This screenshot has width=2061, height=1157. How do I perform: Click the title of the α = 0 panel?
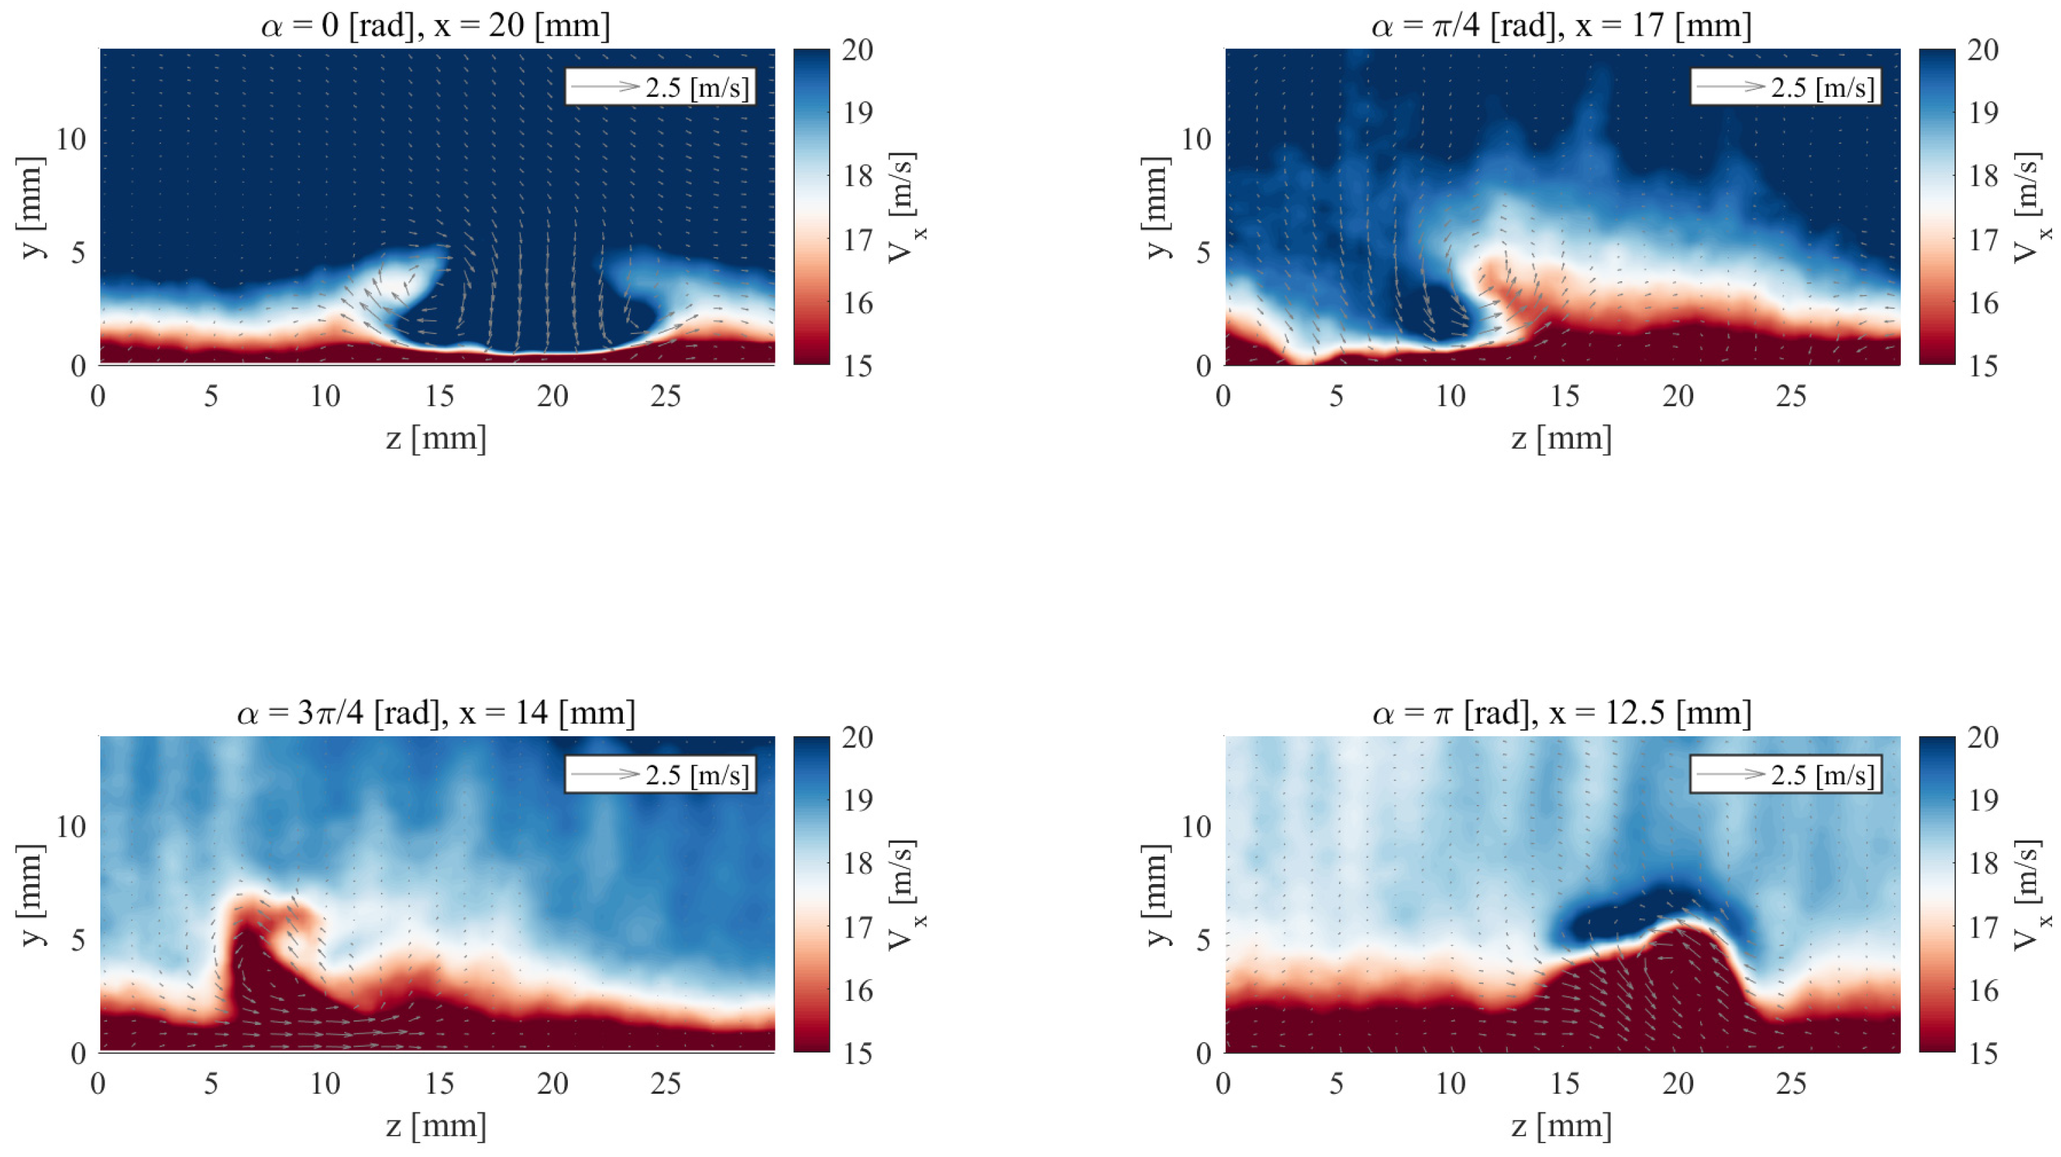click(435, 25)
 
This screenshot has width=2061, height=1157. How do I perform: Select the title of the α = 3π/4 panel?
click(435, 712)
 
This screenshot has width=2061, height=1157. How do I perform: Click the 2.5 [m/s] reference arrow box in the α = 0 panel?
click(660, 87)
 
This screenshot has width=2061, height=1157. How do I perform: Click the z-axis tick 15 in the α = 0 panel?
click(439, 395)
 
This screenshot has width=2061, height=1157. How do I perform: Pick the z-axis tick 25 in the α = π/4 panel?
click(1792, 395)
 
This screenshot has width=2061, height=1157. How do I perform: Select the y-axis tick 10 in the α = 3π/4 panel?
click(70, 826)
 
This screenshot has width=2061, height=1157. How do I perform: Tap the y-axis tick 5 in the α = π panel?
click(1203, 939)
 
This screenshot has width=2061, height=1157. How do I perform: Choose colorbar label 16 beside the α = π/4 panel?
click(1983, 303)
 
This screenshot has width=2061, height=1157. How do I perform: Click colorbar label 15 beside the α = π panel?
click(1983, 1053)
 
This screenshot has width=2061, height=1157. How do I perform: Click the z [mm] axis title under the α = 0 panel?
click(436, 439)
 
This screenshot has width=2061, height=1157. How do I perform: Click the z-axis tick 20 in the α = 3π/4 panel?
click(553, 1083)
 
